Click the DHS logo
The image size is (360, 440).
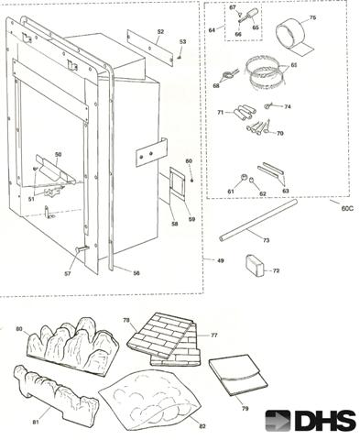click(x=311, y=420)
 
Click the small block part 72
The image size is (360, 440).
click(x=256, y=266)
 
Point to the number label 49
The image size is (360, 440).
click(x=220, y=261)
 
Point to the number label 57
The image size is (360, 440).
click(x=67, y=273)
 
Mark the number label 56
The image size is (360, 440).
click(x=136, y=272)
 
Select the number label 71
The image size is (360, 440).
click(x=220, y=111)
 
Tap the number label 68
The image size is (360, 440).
click(x=216, y=86)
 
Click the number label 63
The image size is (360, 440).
click(x=285, y=190)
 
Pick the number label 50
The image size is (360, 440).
click(x=58, y=155)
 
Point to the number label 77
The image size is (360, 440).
click(x=215, y=335)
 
